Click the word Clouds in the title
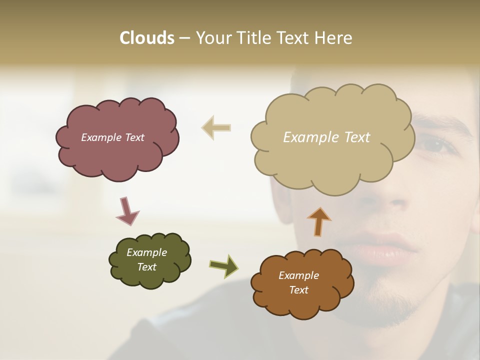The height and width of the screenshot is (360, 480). tap(146, 38)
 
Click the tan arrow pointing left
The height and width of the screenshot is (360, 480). tap(216, 127)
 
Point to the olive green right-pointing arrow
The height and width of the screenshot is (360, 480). tap(223, 265)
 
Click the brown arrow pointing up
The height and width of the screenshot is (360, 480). tap(319, 221)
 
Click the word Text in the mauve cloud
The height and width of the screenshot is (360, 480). tap(133, 137)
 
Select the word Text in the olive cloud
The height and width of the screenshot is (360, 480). tap(147, 267)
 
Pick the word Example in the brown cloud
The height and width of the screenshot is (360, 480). tap(298, 275)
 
